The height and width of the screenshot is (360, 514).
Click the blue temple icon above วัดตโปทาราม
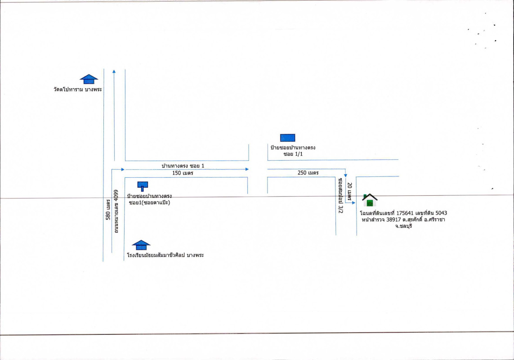89,79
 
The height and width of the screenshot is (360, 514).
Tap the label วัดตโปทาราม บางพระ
77,90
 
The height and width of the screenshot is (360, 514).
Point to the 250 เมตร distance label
308,173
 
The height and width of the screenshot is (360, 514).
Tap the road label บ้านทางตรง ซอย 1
183,166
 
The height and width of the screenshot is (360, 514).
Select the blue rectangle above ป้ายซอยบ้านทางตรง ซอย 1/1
288,138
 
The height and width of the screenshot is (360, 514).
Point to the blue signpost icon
143,185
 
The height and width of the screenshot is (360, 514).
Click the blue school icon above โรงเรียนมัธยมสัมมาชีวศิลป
141,245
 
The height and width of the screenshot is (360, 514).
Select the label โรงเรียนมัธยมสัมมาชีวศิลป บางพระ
165,255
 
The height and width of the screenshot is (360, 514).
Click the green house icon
370,200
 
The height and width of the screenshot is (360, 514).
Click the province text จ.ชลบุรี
403,226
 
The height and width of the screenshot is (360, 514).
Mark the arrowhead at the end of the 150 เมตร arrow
247,169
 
